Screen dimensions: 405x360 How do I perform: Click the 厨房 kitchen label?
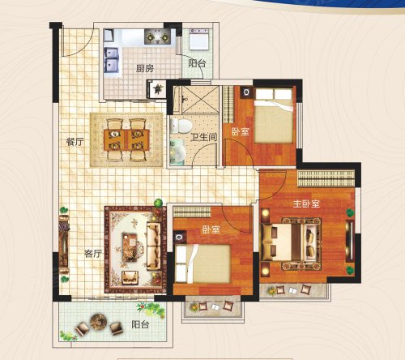click(145, 69)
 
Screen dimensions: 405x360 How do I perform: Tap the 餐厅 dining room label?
click(75, 142)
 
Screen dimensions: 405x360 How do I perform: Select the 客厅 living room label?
click(93, 253)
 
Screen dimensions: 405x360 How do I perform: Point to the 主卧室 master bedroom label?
click(306, 204)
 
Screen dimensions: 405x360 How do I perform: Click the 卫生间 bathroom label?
click(204, 137)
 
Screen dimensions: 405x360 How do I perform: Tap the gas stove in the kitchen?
click(157, 37)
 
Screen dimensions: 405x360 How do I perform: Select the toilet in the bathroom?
click(181, 126)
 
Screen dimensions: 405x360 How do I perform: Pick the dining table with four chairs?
click(126, 140)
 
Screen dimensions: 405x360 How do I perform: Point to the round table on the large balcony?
click(99, 321)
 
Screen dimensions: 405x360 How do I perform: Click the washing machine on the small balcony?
click(199, 40)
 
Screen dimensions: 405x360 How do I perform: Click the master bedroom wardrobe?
click(326, 178)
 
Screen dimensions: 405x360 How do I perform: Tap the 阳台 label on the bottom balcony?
click(140, 324)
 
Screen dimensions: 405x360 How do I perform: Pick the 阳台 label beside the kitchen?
click(197, 63)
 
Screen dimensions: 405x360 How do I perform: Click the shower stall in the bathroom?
click(200, 100)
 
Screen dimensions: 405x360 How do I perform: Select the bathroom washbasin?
click(177, 153)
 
